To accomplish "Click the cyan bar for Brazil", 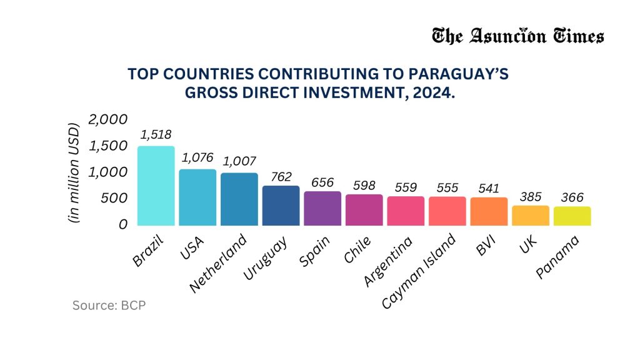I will coord(156,186).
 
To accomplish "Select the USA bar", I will coord(197,197).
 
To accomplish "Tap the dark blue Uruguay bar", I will coord(281,206).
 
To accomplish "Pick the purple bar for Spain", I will coord(322,208).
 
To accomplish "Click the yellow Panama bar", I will coord(572,216).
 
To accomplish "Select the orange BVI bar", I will coord(489,211).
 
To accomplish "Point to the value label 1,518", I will coord(156,134).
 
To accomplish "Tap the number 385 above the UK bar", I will coord(530,196).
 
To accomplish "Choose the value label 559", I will coord(406,186).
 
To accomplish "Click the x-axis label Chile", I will coord(357,251).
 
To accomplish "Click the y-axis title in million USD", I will coord(74,171).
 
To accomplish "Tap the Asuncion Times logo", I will coord(517,36).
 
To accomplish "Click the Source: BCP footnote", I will coord(109,306).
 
